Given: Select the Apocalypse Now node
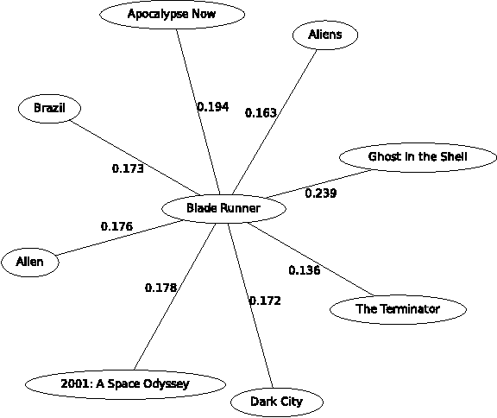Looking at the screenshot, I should pos(172,15).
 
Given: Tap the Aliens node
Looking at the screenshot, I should pos(324,35).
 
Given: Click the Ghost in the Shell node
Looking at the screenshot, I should pos(418,157).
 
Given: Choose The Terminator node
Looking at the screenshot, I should pos(398,309).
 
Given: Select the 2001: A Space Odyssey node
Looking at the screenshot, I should pos(125,383).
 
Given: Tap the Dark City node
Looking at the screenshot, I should pos(266,402).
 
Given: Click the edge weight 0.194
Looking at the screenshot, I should pos(212,107).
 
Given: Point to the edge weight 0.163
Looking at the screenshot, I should pos(261,112).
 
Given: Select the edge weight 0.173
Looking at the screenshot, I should pos(128,168).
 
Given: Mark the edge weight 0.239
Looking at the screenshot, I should pos(320,193).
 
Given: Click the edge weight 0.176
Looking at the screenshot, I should pos(116,226).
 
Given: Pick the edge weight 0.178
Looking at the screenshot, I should pos(160,287).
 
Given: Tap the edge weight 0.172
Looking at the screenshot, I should pos(265,301).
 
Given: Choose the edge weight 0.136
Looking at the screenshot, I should pos(304,270).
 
